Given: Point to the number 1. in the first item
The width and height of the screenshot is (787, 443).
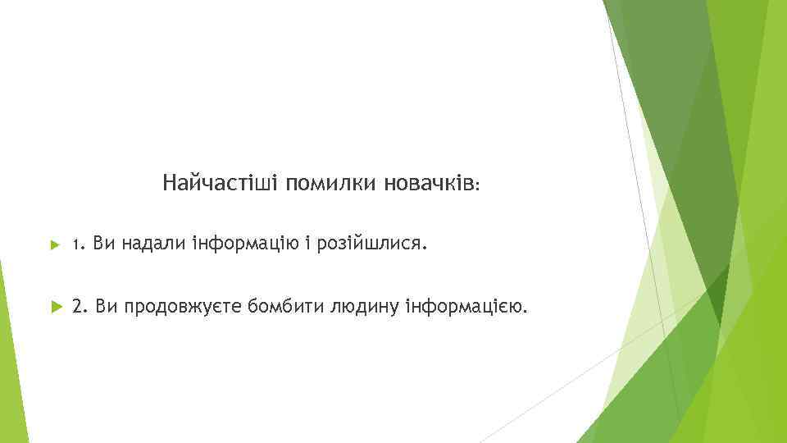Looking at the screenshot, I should [x=78, y=244].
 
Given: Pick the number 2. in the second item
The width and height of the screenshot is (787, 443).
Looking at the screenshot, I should [x=80, y=307].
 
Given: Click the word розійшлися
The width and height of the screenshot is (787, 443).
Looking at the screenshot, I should [x=368, y=244].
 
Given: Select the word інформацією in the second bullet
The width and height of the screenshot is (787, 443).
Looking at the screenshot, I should [x=465, y=307].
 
